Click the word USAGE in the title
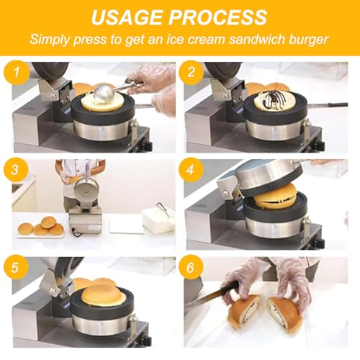click(127, 17)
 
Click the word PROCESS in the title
click(217, 17)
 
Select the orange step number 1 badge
click(17, 72)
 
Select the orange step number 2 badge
click(192, 72)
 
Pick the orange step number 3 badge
click(16, 170)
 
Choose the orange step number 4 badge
click(191, 170)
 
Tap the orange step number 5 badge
click(16, 267)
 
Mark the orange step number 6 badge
click(191, 267)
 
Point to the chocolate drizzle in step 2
click(276, 99)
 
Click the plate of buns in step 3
click(41, 228)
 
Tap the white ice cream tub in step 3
click(158, 220)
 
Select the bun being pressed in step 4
click(275, 197)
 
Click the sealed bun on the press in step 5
click(103, 294)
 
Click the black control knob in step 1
click(148, 145)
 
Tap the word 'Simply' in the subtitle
click(50, 40)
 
